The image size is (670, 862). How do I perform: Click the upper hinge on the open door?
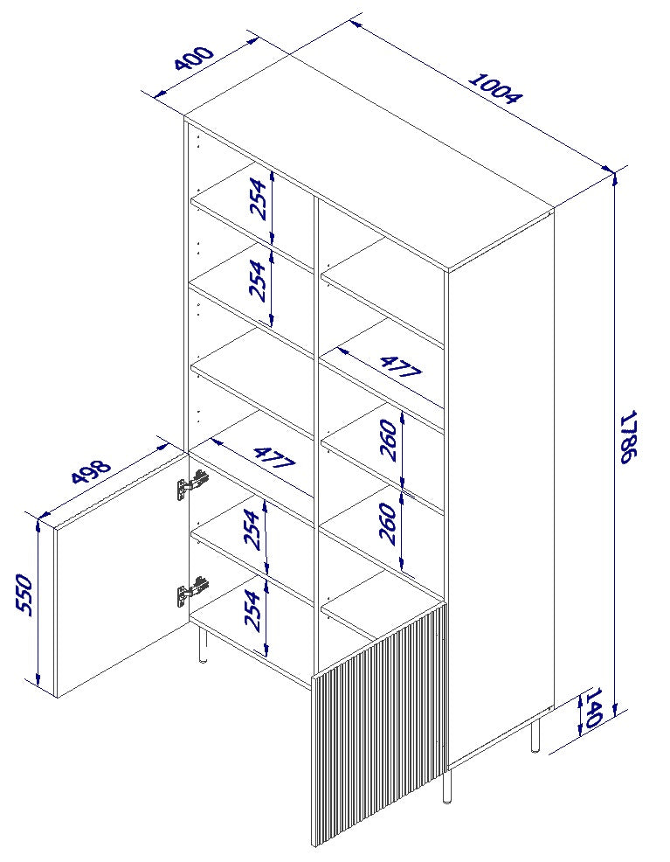click(192, 483)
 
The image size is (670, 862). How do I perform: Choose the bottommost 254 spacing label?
click(254, 610)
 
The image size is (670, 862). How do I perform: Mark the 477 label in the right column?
click(399, 365)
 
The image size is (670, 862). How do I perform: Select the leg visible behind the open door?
click(204, 645)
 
